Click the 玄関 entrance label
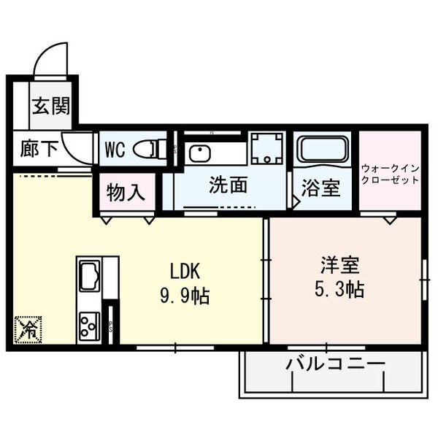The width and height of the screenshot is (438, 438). pyautogui.click(x=51, y=106)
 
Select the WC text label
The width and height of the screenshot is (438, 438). pyautogui.click(x=115, y=150)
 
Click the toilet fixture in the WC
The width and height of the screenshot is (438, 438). pyautogui.click(x=152, y=149)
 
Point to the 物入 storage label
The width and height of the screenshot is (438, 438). pyautogui.click(x=126, y=193)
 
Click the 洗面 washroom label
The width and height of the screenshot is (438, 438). pyautogui.click(x=228, y=185)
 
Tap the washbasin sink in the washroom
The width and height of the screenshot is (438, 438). pyautogui.click(x=199, y=153)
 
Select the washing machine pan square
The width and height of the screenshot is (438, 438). pyautogui.click(x=266, y=148)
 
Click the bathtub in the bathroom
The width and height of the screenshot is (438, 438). pyautogui.click(x=322, y=150)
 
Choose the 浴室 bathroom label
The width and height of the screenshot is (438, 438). pyautogui.click(x=321, y=188)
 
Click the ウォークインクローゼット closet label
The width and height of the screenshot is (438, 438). pyautogui.click(x=390, y=174)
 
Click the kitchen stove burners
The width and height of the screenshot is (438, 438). pyautogui.click(x=89, y=322)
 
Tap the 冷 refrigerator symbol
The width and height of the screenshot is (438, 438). pyautogui.click(x=28, y=328)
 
